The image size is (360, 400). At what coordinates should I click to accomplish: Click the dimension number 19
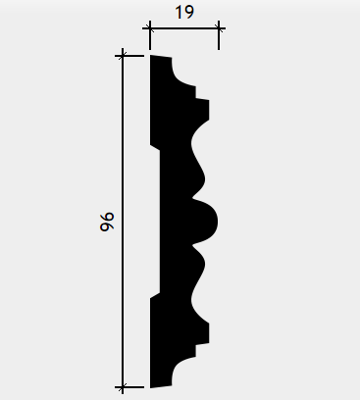184,13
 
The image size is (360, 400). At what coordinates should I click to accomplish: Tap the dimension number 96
107,222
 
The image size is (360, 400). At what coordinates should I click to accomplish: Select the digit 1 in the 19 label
180,13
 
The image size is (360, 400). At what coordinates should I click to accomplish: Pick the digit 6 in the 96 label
107,218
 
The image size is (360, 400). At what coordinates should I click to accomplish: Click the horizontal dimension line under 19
184,28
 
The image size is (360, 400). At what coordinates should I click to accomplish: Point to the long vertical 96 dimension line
123,222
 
